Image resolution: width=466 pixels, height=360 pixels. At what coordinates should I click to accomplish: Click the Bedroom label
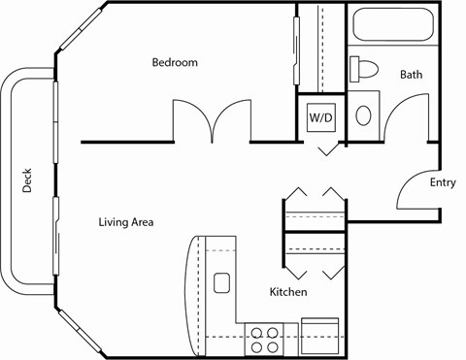click(x=175, y=63)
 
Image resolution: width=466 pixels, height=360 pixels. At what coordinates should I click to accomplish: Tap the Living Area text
click(x=126, y=222)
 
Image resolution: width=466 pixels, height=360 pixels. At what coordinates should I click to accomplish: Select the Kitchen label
click(x=288, y=292)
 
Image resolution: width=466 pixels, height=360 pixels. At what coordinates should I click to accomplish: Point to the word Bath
click(x=411, y=75)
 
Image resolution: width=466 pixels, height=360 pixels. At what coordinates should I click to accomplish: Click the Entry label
click(x=443, y=182)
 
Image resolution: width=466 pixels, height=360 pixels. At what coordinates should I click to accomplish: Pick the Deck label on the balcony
click(x=27, y=181)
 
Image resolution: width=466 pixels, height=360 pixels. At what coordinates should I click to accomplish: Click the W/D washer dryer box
click(x=320, y=117)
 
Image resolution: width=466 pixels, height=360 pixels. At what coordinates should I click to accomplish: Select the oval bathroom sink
click(x=364, y=115)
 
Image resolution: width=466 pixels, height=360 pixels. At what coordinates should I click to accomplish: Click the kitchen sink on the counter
click(x=221, y=283)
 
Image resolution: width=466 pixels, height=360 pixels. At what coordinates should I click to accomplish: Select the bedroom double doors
click(x=212, y=120)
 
